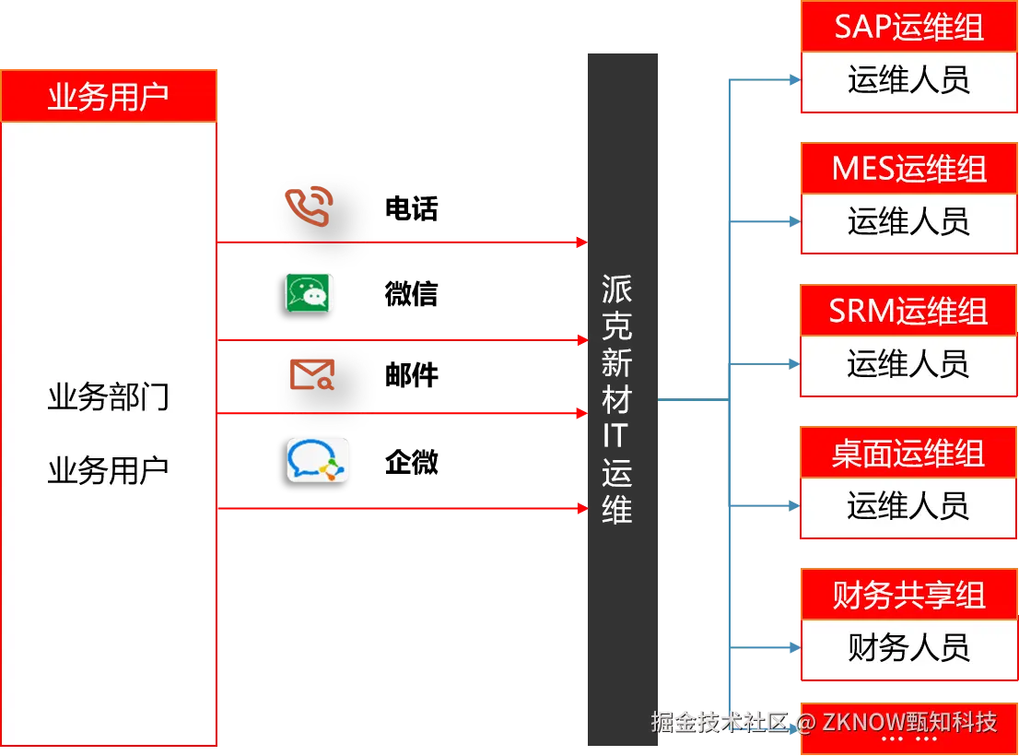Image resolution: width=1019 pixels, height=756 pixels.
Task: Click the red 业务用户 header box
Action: pyautogui.click(x=109, y=95)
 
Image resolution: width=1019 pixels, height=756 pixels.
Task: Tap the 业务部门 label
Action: pyautogui.click(x=109, y=398)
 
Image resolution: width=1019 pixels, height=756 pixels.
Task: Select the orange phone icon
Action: pyautogui.click(x=308, y=206)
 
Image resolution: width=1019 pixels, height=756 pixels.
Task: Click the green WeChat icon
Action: pyautogui.click(x=308, y=293)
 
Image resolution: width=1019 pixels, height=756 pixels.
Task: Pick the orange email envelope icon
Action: pyautogui.click(x=312, y=374)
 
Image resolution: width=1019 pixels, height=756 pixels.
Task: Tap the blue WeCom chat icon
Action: pyautogui.click(x=318, y=460)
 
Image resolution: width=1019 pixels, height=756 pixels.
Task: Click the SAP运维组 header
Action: pyautogui.click(x=908, y=27)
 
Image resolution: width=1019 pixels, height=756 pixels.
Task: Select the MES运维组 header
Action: pyautogui.click(x=908, y=169)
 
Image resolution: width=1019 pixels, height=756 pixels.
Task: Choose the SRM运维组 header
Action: pyautogui.click(x=908, y=311)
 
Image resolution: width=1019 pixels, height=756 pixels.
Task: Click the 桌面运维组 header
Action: pyautogui.click(x=908, y=453)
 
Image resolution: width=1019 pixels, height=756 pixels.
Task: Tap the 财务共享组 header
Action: pyautogui.click(x=908, y=595)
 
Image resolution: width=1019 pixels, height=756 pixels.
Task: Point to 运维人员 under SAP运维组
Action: pyautogui.click(x=908, y=80)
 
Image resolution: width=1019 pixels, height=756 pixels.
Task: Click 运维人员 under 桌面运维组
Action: pyautogui.click(x=908, y=506)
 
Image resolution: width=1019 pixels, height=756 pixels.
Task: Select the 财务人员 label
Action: pyautogui.click(x=908, y=648)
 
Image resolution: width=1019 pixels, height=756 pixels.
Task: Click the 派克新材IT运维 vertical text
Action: pyautogui.click(x=616, y=399)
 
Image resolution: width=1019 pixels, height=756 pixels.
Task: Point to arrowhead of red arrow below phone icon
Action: pyautogui.click(x=581, y=242)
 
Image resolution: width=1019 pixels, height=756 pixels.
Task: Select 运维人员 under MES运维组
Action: pyautogui.click(x=908, y=222)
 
